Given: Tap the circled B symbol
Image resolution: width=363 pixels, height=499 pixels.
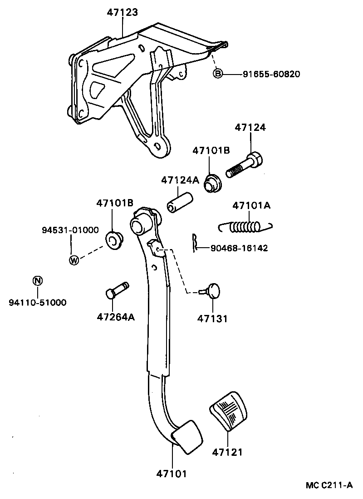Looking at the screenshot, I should click(218, 74).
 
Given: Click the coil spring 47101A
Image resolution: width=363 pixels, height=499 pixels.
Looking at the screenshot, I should click(245, 226).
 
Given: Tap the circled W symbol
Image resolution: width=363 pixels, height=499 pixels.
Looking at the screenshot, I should click(74, 260).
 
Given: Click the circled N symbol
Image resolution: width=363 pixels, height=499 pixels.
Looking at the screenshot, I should click(38, 280).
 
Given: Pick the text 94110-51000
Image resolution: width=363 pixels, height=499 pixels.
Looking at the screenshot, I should click(37, 302).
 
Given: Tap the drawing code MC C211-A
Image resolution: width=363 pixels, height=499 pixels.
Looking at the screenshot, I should click(329, 485).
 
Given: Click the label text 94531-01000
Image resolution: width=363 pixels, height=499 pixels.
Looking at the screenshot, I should click(70, 230).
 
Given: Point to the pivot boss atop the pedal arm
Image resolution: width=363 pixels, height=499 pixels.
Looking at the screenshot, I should click(139, 224).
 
